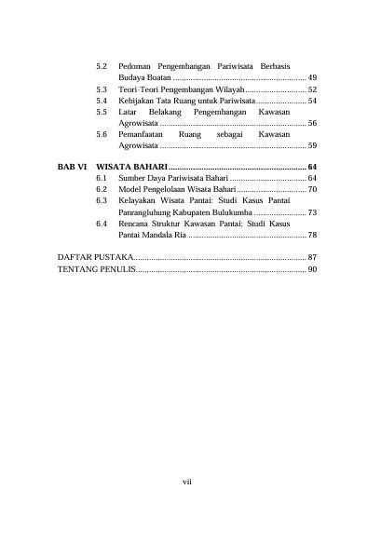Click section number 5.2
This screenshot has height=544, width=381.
[x=102, y=68]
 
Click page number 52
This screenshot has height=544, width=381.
[x=312, y=88]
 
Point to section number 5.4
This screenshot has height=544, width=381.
[x=102, y=100]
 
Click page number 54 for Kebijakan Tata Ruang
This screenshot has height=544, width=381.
[x=312, y=100]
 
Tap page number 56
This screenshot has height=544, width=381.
[x=312, y=123]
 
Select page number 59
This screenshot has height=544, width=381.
[x=312, y=146]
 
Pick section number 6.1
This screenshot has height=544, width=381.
[x=102, y=177]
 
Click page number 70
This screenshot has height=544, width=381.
[x=312, y=188]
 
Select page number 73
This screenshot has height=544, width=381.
[x=312, y=212]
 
